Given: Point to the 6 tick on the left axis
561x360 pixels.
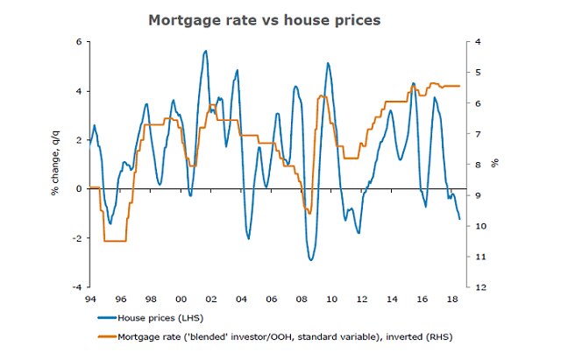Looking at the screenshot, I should (78, 42).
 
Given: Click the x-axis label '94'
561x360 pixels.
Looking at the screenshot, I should (90, 299).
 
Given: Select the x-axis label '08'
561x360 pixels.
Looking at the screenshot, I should (302, 299).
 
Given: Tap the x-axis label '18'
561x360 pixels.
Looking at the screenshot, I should (452, 299).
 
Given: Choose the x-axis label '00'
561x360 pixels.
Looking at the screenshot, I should (181, 299).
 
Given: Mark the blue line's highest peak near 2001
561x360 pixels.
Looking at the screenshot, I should (205, 51).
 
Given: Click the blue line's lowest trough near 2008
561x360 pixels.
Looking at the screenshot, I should (311, 260).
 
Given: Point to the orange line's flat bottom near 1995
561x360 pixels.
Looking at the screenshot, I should (115, 241).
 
